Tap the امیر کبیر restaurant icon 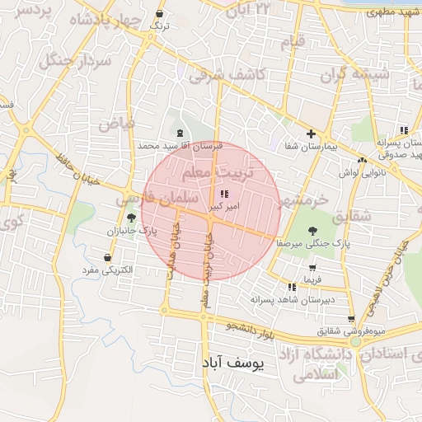(x=225, y=194)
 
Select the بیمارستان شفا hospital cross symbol (x=311, y=134)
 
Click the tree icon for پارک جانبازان (x=132, y=218)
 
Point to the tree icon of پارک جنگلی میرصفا (x=312, y=232)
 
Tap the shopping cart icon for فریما (x=312, y=268)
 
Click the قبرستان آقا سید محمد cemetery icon (x=180, y=133)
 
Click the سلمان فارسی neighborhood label (x=157, y=199)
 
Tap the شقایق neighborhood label (x=378, y=216)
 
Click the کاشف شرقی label (x=223, y=75)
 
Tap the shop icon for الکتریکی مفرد (x=108, y=257)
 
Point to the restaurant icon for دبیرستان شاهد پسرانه (x=292, y=287)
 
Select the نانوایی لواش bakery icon (x=362, y=160)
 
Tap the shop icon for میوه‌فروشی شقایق (x=352, y=318)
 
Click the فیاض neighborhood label (x=116, y=124)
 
